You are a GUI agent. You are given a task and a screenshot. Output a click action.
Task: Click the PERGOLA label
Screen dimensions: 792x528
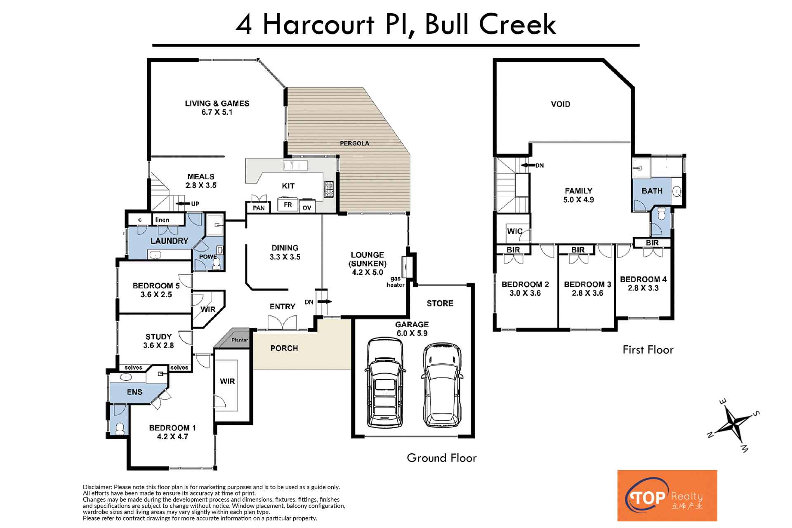354,143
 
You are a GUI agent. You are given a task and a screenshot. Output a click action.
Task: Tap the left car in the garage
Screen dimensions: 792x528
385,383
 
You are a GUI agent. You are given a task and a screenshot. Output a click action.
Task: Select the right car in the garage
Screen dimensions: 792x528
442,384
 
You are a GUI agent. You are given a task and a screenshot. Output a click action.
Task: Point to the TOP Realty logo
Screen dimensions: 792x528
667,495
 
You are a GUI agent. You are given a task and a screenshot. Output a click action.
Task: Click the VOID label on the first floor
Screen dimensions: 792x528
561,104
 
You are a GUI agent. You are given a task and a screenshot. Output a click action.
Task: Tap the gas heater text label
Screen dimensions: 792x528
395,282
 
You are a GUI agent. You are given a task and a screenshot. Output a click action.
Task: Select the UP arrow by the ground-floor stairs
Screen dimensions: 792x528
183,203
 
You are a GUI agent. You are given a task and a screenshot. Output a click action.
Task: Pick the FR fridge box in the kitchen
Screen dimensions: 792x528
288,205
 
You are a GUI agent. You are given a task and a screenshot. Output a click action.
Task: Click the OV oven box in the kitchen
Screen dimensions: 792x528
307,207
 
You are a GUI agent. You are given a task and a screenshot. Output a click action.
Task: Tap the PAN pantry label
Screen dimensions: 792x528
259,208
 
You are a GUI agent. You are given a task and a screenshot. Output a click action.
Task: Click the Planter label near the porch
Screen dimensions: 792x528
240,340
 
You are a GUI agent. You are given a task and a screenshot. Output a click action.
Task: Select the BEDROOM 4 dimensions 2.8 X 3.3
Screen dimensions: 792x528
643,288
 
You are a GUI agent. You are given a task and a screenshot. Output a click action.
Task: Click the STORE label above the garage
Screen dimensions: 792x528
440,303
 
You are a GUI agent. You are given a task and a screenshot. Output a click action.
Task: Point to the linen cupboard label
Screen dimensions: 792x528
162,220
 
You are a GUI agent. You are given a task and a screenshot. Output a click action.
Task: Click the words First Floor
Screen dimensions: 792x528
648,350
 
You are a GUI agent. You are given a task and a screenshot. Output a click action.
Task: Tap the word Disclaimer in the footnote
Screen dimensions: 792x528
97,487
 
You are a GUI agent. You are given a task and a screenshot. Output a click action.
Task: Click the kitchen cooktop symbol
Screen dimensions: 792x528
329,189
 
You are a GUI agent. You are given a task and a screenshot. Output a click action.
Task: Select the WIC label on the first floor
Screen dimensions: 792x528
515,231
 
